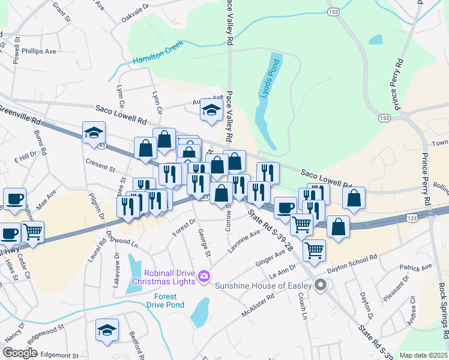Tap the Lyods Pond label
[268, 83]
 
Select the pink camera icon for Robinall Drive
[204, 277]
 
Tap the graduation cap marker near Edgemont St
[107, 330]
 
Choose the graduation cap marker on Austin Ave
[211, 110]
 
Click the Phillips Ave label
[38, 52]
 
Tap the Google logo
[20, 353]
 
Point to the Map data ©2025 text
[423, 355]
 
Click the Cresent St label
[100, 163]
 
